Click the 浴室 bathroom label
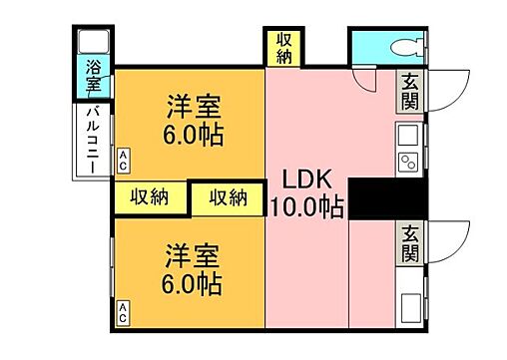[x=93, y=77]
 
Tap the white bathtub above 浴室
[x=94, y=43]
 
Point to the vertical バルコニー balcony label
[x=91, y=140]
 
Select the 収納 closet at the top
[x=284, y=46]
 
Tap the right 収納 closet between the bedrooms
[x=228, y=197]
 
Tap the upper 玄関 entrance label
[x=410, y=91]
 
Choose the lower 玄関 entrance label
[x=410, y=241]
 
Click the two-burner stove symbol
[x=408, y=162]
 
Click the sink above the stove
[x=408, y=136]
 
